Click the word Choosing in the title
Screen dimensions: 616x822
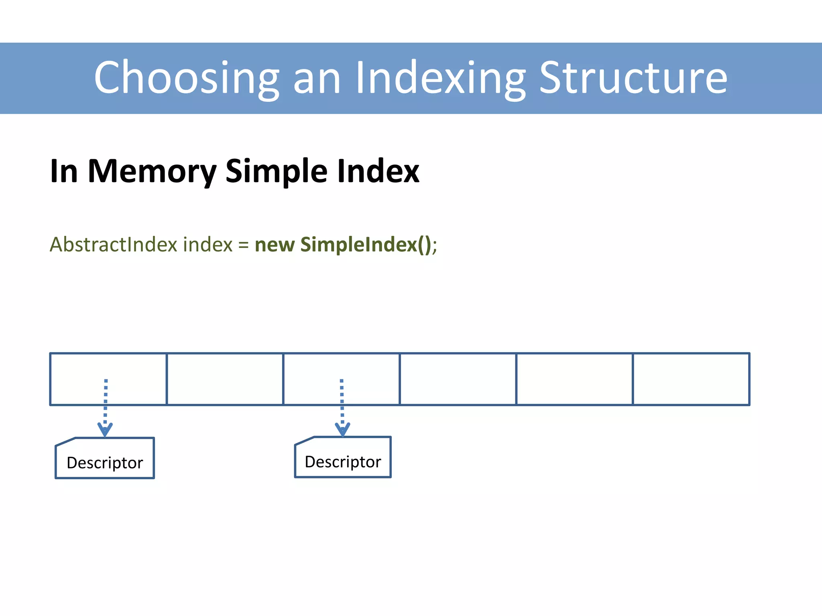click(187, 78)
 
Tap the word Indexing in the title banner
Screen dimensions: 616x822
click(440, 78)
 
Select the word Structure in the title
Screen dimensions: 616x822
click(633, 78)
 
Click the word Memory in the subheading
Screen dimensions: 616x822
click(152, 172)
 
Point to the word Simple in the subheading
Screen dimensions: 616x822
click(276, 172)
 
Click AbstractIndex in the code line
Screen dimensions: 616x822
click(113, 245)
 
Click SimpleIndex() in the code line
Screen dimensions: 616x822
click(365, 245)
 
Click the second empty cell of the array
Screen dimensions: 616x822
click(225, 379)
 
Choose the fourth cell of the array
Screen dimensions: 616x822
click(458, 379)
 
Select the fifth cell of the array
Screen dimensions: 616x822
click(574, 379)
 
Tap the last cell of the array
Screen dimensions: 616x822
click(691, 379)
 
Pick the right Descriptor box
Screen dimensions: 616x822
click(343, 458)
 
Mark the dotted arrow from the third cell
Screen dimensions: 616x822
click(342, 405)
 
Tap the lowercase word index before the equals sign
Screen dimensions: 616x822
click(208, 245)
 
